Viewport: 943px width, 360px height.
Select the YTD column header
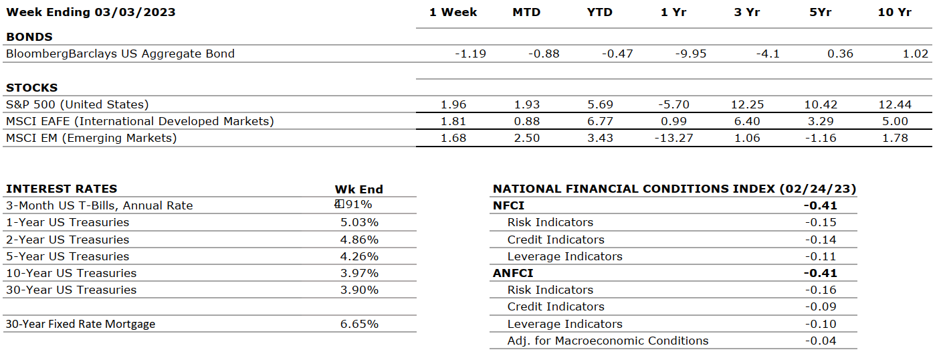click(x=599, y=12)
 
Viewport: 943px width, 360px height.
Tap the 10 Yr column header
click(x=895, y=12)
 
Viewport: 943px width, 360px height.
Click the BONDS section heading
click(x=29, y=37)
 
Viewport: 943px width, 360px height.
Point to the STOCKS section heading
click(x=32, y=88)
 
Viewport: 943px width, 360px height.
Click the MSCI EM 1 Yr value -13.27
click(x=673, y=138)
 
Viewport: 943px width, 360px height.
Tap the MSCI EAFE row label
click(x=140, y=121)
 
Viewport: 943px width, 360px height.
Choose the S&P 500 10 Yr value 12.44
click(x=895, y=104)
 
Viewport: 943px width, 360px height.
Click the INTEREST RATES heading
click(x=62, y=189)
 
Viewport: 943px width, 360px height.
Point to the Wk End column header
click(x=359, y=189)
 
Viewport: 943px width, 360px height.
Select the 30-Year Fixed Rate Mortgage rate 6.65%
click(x=359, y=324)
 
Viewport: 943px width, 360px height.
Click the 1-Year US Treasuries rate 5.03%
click(x=359, y=222)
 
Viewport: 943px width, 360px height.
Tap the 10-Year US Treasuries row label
click(x=71, y=273)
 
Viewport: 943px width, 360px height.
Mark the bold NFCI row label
click(x=509, y=205)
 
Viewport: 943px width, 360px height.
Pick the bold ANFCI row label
click(x=513, y=273)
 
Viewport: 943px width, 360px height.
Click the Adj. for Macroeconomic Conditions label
click(x=608, y=341)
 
